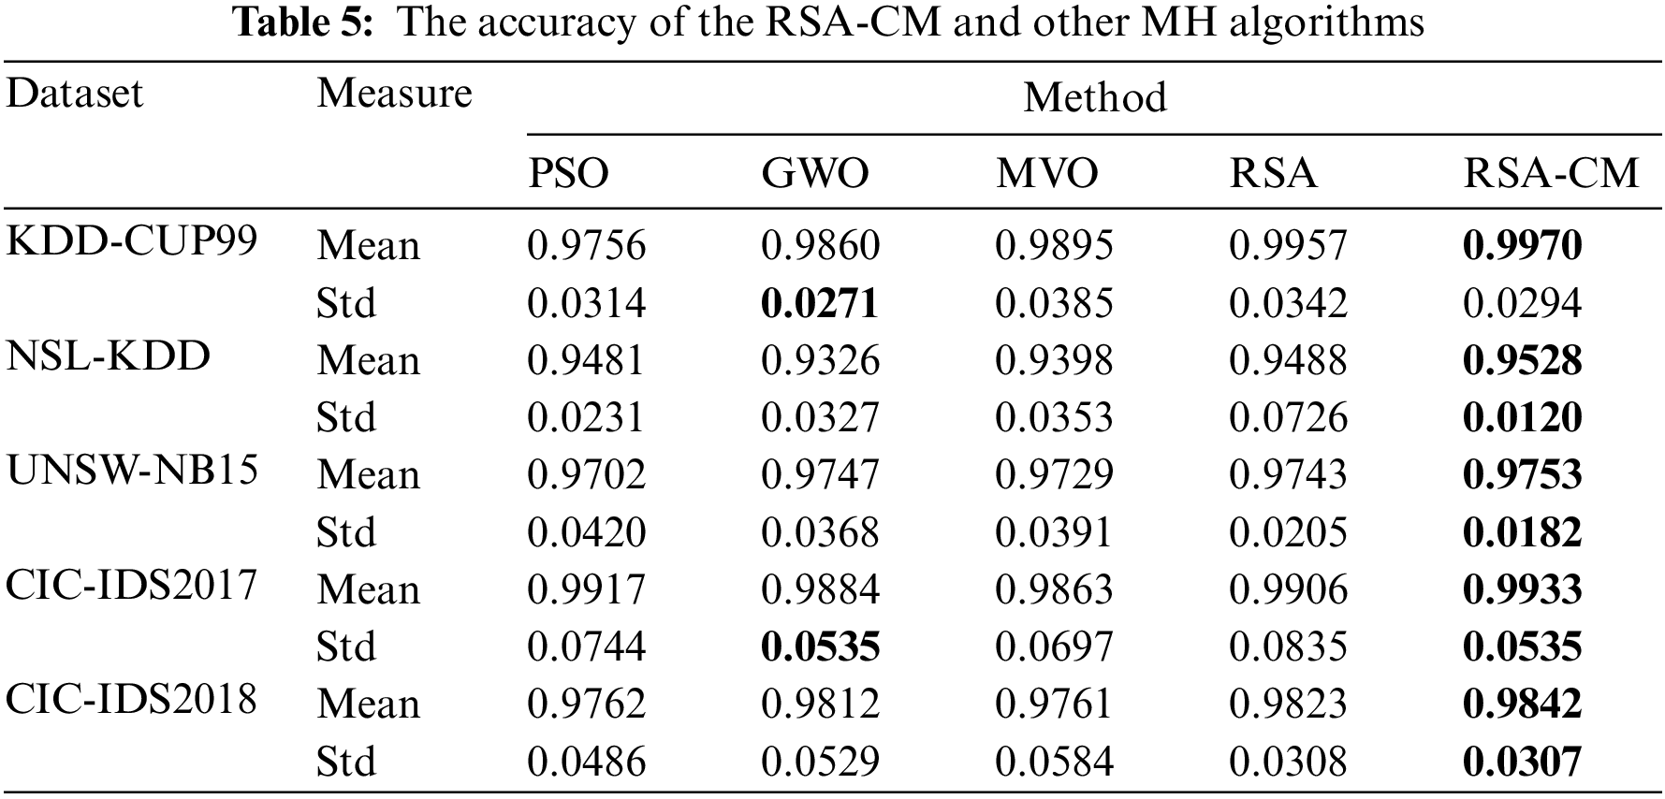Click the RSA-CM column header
(1551, 174)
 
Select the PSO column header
(568, 174)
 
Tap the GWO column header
(814, 174)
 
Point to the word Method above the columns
(1094, 97)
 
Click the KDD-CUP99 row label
(132, 241)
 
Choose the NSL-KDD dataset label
(108, 356)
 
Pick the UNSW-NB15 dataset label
(132, 471)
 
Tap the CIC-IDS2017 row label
(131, 586)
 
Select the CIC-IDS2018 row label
(131, 700)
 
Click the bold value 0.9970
(1522, 246)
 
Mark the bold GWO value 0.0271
(820, 304)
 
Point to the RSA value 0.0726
(1288, 418)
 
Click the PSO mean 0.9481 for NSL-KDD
(586, 361)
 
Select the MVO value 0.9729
(1054, 475)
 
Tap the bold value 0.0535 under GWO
(820, 647)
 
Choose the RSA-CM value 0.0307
(1522, 762)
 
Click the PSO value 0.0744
(586, 647)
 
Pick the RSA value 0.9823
(1288, 705)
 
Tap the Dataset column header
(75, 94)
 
